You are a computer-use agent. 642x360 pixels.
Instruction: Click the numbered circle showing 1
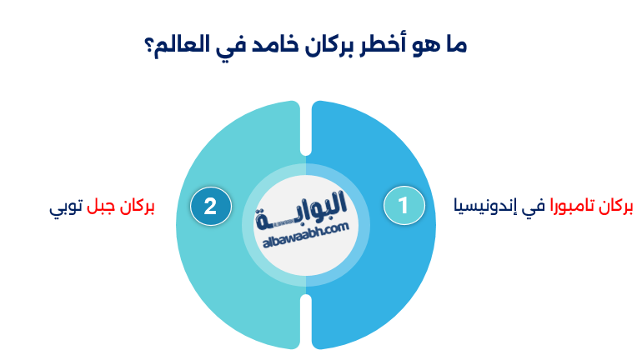click(404, 206)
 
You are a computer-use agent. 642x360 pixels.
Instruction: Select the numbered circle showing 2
click(210, 206)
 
